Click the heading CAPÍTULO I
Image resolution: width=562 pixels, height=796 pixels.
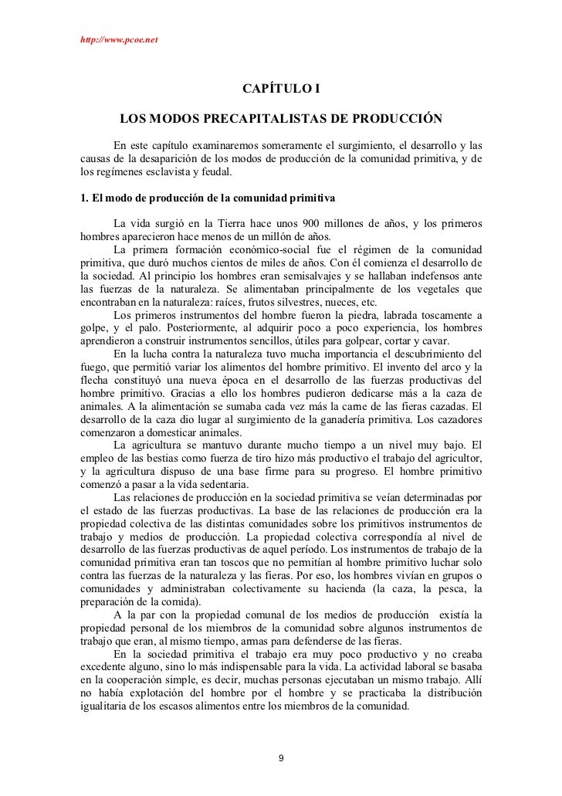tap(281, 91)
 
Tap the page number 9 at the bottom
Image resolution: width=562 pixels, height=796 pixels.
tap(281, 757)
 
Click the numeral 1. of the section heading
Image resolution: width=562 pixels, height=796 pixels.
tap(85, 198)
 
